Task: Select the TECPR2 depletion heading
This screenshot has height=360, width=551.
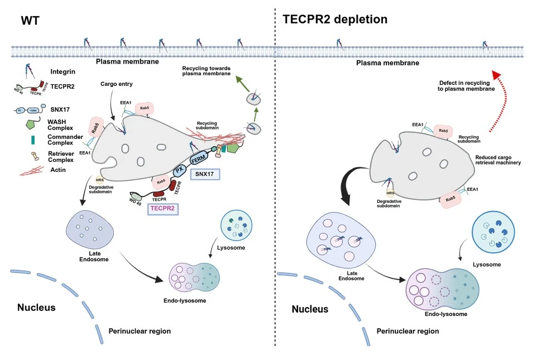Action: (x=335, y=19)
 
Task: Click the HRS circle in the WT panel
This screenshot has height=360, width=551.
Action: (x=100, y=179)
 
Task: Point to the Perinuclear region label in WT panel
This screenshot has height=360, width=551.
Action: (x=140, y=331)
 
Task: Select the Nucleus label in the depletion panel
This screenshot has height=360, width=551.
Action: (x=310, y=309)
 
